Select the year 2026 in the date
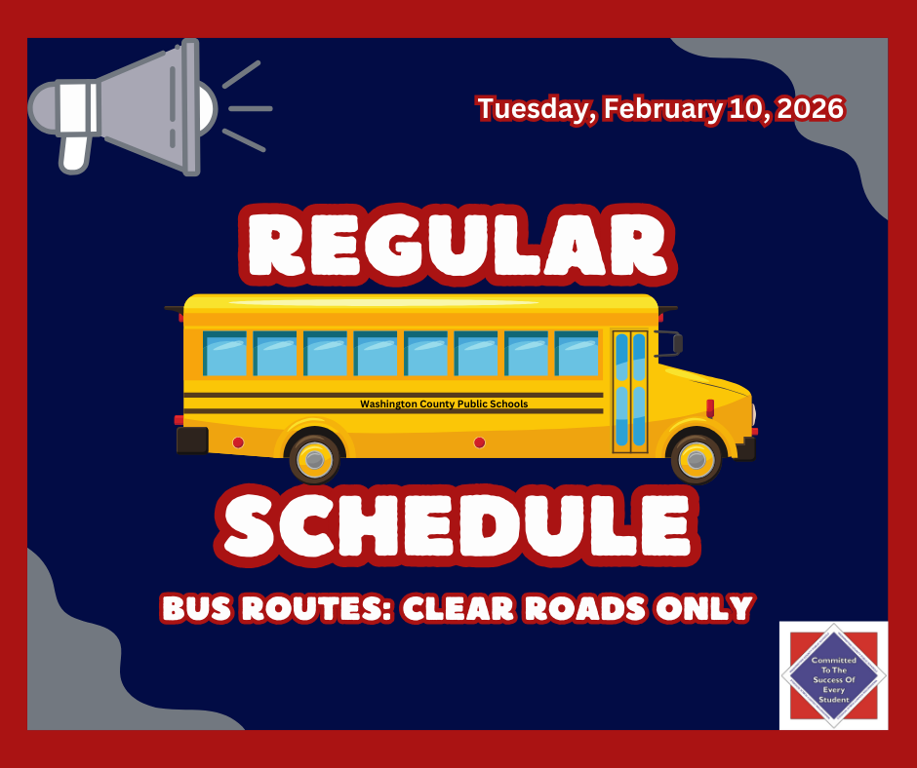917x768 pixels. click(x=806, y=109)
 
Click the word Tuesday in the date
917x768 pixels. click(x=533, y=109)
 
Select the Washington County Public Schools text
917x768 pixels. click(x=444, y=403)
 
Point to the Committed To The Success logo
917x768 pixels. click(x=833, y=675)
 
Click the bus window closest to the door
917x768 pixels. click(x=577, y=354)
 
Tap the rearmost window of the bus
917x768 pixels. click(x=224, y=354)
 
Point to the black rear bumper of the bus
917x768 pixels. click(x=192, y=440)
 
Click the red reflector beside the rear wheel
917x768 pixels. click(x=238, y=442)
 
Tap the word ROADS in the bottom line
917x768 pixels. click(x=599, y=608)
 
